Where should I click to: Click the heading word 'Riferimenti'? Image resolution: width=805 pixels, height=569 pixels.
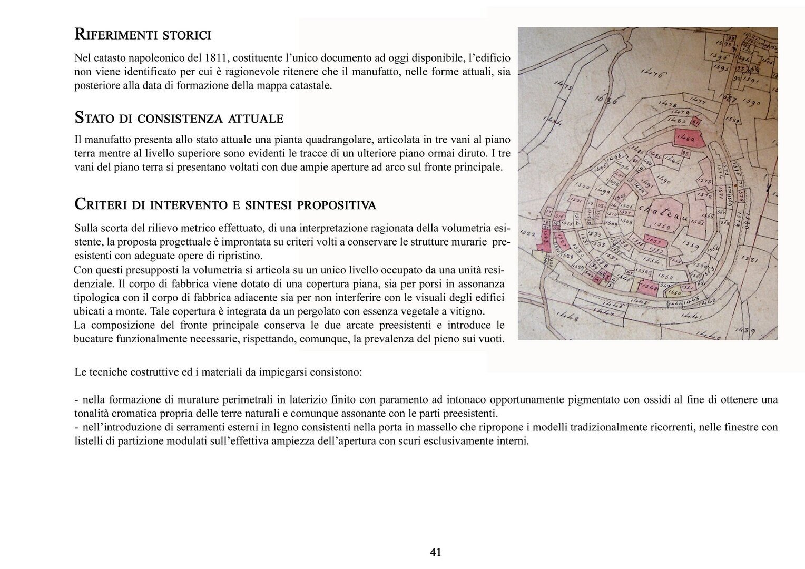click(109, 35)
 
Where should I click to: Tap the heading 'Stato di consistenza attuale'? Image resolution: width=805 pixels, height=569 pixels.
click(179, 118)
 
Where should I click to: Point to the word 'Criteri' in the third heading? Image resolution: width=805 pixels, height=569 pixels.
click(102, 204)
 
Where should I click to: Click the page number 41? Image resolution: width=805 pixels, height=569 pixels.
click(435, 552)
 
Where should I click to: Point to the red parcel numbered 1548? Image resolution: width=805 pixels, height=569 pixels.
click(647, 288)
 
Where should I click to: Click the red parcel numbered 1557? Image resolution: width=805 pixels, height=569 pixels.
click(655, 240)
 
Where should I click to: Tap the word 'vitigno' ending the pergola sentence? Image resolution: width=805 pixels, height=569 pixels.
click(468, 311)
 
